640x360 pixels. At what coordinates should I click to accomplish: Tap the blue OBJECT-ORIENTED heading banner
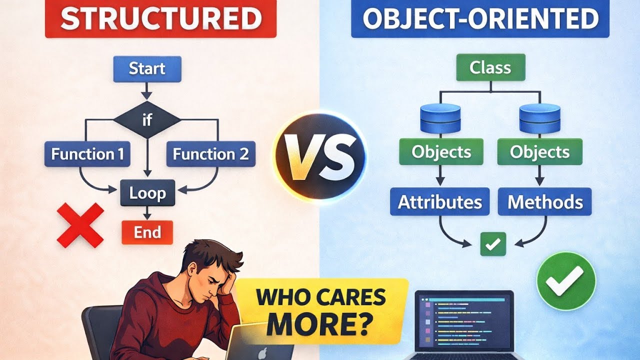[480, 19]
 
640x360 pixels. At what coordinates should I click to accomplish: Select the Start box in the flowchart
[147, 68]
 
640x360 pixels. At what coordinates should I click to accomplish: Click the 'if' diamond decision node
[147, 120]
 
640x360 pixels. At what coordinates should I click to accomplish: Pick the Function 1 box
[87, 154]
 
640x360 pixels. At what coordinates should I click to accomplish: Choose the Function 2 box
[210, 154]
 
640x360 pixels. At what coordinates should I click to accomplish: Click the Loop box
[147, 193]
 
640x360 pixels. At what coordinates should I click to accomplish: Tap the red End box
[147, 232]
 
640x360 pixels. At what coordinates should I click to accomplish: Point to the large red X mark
[80, 225]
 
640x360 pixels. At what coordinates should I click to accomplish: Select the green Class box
[490, 68]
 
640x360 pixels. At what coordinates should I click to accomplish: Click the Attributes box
[440, 202]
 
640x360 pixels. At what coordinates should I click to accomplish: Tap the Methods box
[545, 202]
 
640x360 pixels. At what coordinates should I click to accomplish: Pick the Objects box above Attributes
[441, 152]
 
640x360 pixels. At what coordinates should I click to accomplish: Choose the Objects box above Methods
[539, 152]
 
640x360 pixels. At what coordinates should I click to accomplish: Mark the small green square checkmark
[493, 244]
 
